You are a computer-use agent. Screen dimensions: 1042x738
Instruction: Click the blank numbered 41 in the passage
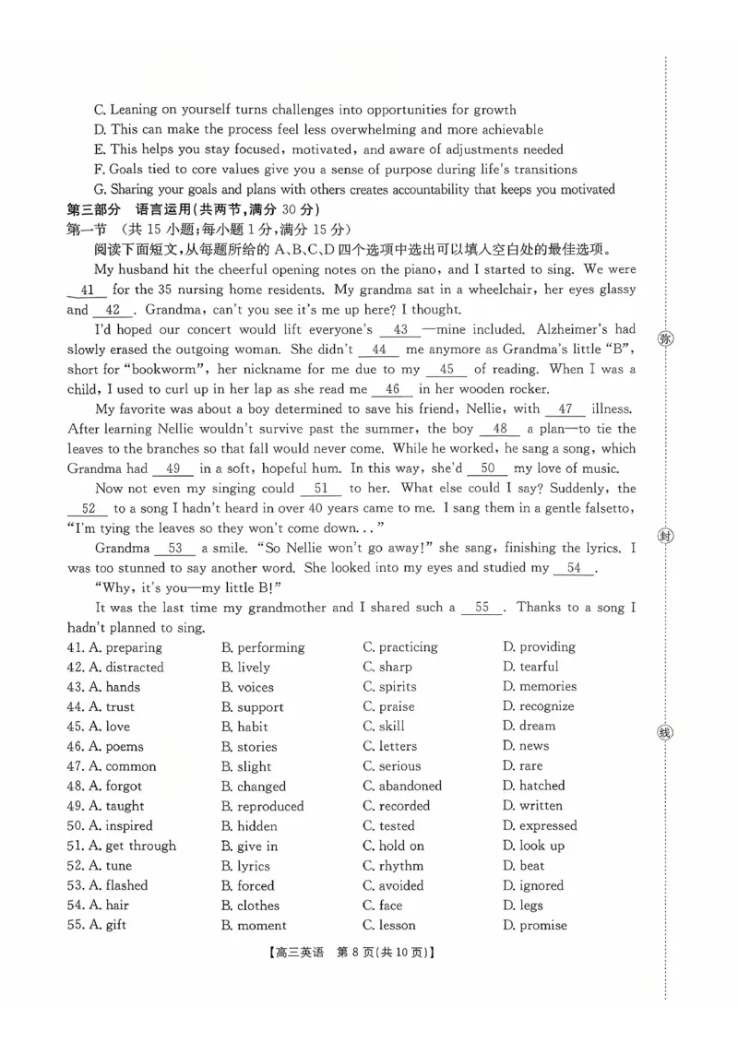[88, 290]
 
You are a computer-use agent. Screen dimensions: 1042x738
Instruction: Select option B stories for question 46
[248, 747]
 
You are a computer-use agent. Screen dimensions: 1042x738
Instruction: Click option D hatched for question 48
[533, 786]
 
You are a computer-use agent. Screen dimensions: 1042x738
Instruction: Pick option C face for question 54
[383, 906]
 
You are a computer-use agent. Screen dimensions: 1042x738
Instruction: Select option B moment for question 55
[254, 926]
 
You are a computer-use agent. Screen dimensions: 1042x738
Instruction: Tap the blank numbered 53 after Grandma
[174, 549]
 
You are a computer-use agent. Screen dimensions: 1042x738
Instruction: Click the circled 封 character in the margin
[665, 537]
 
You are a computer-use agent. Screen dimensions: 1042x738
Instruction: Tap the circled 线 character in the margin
[665, 733]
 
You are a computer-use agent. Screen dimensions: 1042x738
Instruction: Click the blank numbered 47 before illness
[565, 409]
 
